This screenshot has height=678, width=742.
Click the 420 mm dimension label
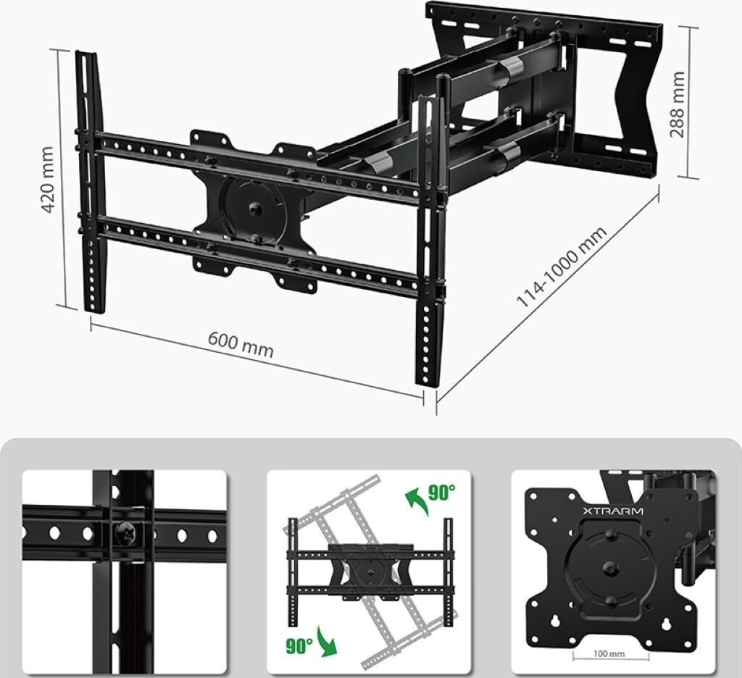(x=48, y=180)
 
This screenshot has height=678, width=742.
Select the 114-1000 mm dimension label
(x=562, y=267)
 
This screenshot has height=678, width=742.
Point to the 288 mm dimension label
(x=678, y=104)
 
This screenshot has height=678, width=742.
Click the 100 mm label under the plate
(x=609, y=654)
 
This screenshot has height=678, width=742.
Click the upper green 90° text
(x=442, y=493)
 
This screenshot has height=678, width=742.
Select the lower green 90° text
(x=299, y=645)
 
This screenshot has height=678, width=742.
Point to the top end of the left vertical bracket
(x=86, y=52)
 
